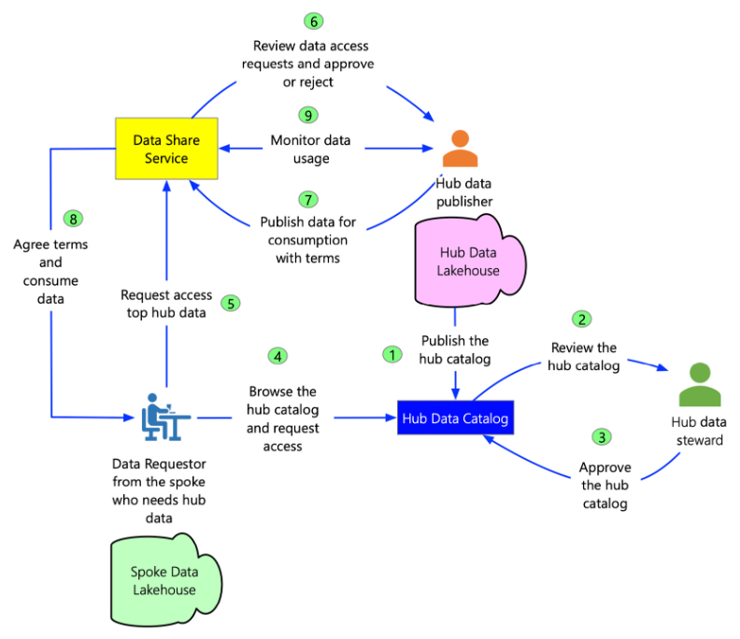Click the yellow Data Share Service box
click(x=166, y=149)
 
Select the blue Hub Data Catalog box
click(x=455, y=419)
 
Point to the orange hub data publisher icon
click(x=459, y=148)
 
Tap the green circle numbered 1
click(x=392, y=354)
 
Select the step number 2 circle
click(x=583, y=319)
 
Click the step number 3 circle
click(x=602, y=436)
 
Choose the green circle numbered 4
click(x=277, y=356)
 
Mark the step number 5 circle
click(x=230, y=304)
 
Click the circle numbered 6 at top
click(x=313, y=21)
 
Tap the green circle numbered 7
click(x=308, y=199)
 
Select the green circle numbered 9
click(x=308, y=115)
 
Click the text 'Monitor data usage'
click(x=311, y=149)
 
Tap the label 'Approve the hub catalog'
click(x=605, y=485)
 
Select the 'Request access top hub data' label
click(x=166, y=304)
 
